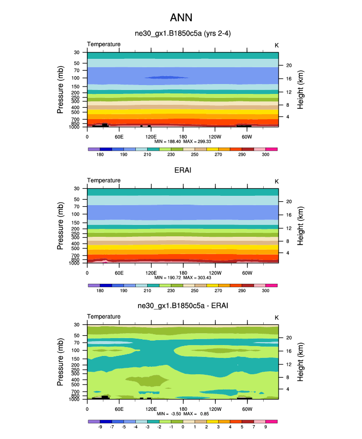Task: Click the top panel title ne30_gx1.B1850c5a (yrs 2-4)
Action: pyautogui.click(x=183, y=34)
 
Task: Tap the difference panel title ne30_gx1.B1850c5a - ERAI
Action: pyautogui.click(x=183, y=307)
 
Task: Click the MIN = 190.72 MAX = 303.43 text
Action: pyautogui.click(x=183, y=278)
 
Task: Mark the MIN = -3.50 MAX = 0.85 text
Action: pyautogui.click(x=183, y=414)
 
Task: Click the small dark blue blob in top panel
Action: pyautogui.click(x=166, y=78)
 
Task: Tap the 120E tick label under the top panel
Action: pyautogui.click(x=151, y=136)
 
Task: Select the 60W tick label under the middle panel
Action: pyautogui.click(x=247, y=273)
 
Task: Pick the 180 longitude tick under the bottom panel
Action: pyautogui.click(x=183, y=409)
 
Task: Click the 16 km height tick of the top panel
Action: pyautogui.click(x=288, y=79)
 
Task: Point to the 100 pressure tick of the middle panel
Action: pyautogui.click(x=77, y=215)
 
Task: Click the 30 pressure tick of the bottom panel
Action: pyautogui.click(x=77, y=325)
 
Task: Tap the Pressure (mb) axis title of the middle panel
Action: pyautogui.click(x=60, y=225)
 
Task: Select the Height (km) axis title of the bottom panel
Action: pyautogui.click(x=300, y=361)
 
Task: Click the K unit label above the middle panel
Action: pyautogui.click(x=277, y=181)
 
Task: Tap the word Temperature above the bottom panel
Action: pyautogui.click(x=104, y=316)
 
